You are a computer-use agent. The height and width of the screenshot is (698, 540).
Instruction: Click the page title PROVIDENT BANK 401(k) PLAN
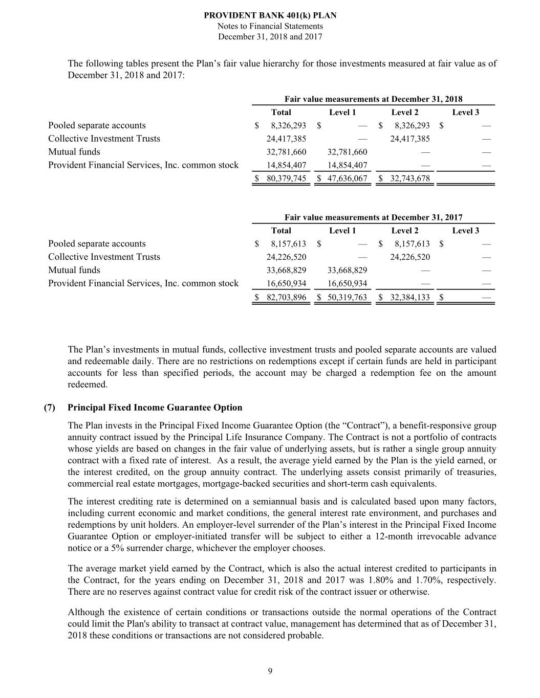click(x=270, y=16)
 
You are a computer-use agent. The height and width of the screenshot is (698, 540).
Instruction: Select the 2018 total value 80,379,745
click(x=286, y=178)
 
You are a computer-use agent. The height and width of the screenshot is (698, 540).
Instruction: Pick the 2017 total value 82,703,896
click(x=286, y=297)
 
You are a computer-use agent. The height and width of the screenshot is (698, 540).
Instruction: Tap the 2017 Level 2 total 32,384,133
click(x=409, y=297)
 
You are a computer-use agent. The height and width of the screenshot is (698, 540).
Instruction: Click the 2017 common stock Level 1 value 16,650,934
click(x=347, y=283)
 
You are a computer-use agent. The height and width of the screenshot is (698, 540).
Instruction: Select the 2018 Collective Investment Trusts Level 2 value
click(x=409, y=139)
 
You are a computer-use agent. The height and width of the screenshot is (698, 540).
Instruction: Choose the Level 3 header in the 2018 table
click(x=465, y=112)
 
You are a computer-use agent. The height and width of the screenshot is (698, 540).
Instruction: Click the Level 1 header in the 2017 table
click(x=342, y=231)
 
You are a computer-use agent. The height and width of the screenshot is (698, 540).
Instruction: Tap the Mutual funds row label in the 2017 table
click(x=74, y=270)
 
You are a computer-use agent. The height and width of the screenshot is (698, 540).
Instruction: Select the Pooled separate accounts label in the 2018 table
click(x=97, y=125)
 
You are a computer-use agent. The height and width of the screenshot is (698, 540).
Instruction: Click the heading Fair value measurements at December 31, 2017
click(x=373, y=217)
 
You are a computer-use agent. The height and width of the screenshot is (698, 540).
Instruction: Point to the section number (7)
click(x=50, y=408)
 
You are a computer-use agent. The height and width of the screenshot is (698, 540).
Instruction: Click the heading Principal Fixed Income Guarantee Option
click(x=155, y=408)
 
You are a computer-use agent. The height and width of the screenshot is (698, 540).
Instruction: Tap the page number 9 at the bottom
click(x=270, y=671)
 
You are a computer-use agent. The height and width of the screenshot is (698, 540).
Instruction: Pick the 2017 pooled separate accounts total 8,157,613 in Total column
click(x=288, y=244)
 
